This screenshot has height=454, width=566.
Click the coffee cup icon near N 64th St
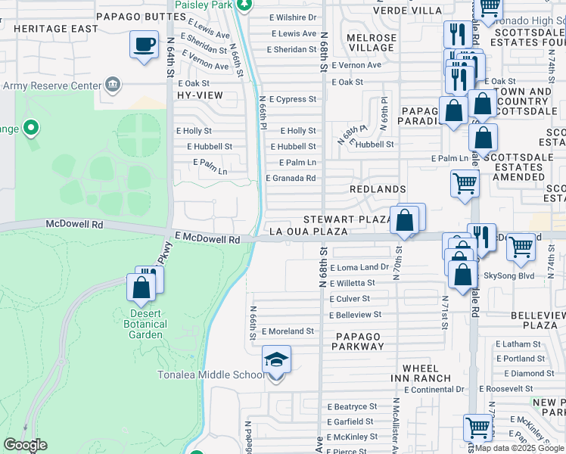(143, 45)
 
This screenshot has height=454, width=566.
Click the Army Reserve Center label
(51, 86)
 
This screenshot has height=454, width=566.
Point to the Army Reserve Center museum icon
(113, 83)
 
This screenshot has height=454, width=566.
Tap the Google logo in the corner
(25, 445)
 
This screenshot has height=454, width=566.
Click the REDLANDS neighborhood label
(378, 188)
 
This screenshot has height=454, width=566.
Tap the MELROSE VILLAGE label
(371, 42)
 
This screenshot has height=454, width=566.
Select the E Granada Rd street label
(291, 179)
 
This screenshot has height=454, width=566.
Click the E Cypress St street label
(291, 99)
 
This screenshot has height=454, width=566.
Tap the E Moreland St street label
(288, 331)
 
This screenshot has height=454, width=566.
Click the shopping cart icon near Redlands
(464, 183)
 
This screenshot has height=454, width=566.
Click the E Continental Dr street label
(434, 390)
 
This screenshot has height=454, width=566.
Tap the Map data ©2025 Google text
(520, 448)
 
